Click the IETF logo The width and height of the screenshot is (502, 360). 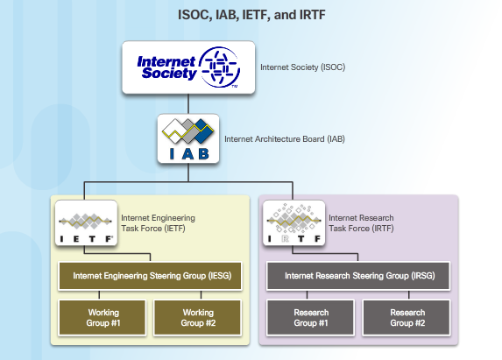click(86, 223)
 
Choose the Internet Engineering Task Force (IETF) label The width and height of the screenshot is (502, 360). click(158, 222)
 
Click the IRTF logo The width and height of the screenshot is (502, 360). click(293, 223)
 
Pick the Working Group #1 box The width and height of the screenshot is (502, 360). click(103, 317)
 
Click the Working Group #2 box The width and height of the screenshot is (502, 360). click(197, 317)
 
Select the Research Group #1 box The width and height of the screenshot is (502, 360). click(311, 317)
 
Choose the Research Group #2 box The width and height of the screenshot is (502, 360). click(407, 317)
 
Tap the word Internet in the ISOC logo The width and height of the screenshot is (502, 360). click(166, 60)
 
